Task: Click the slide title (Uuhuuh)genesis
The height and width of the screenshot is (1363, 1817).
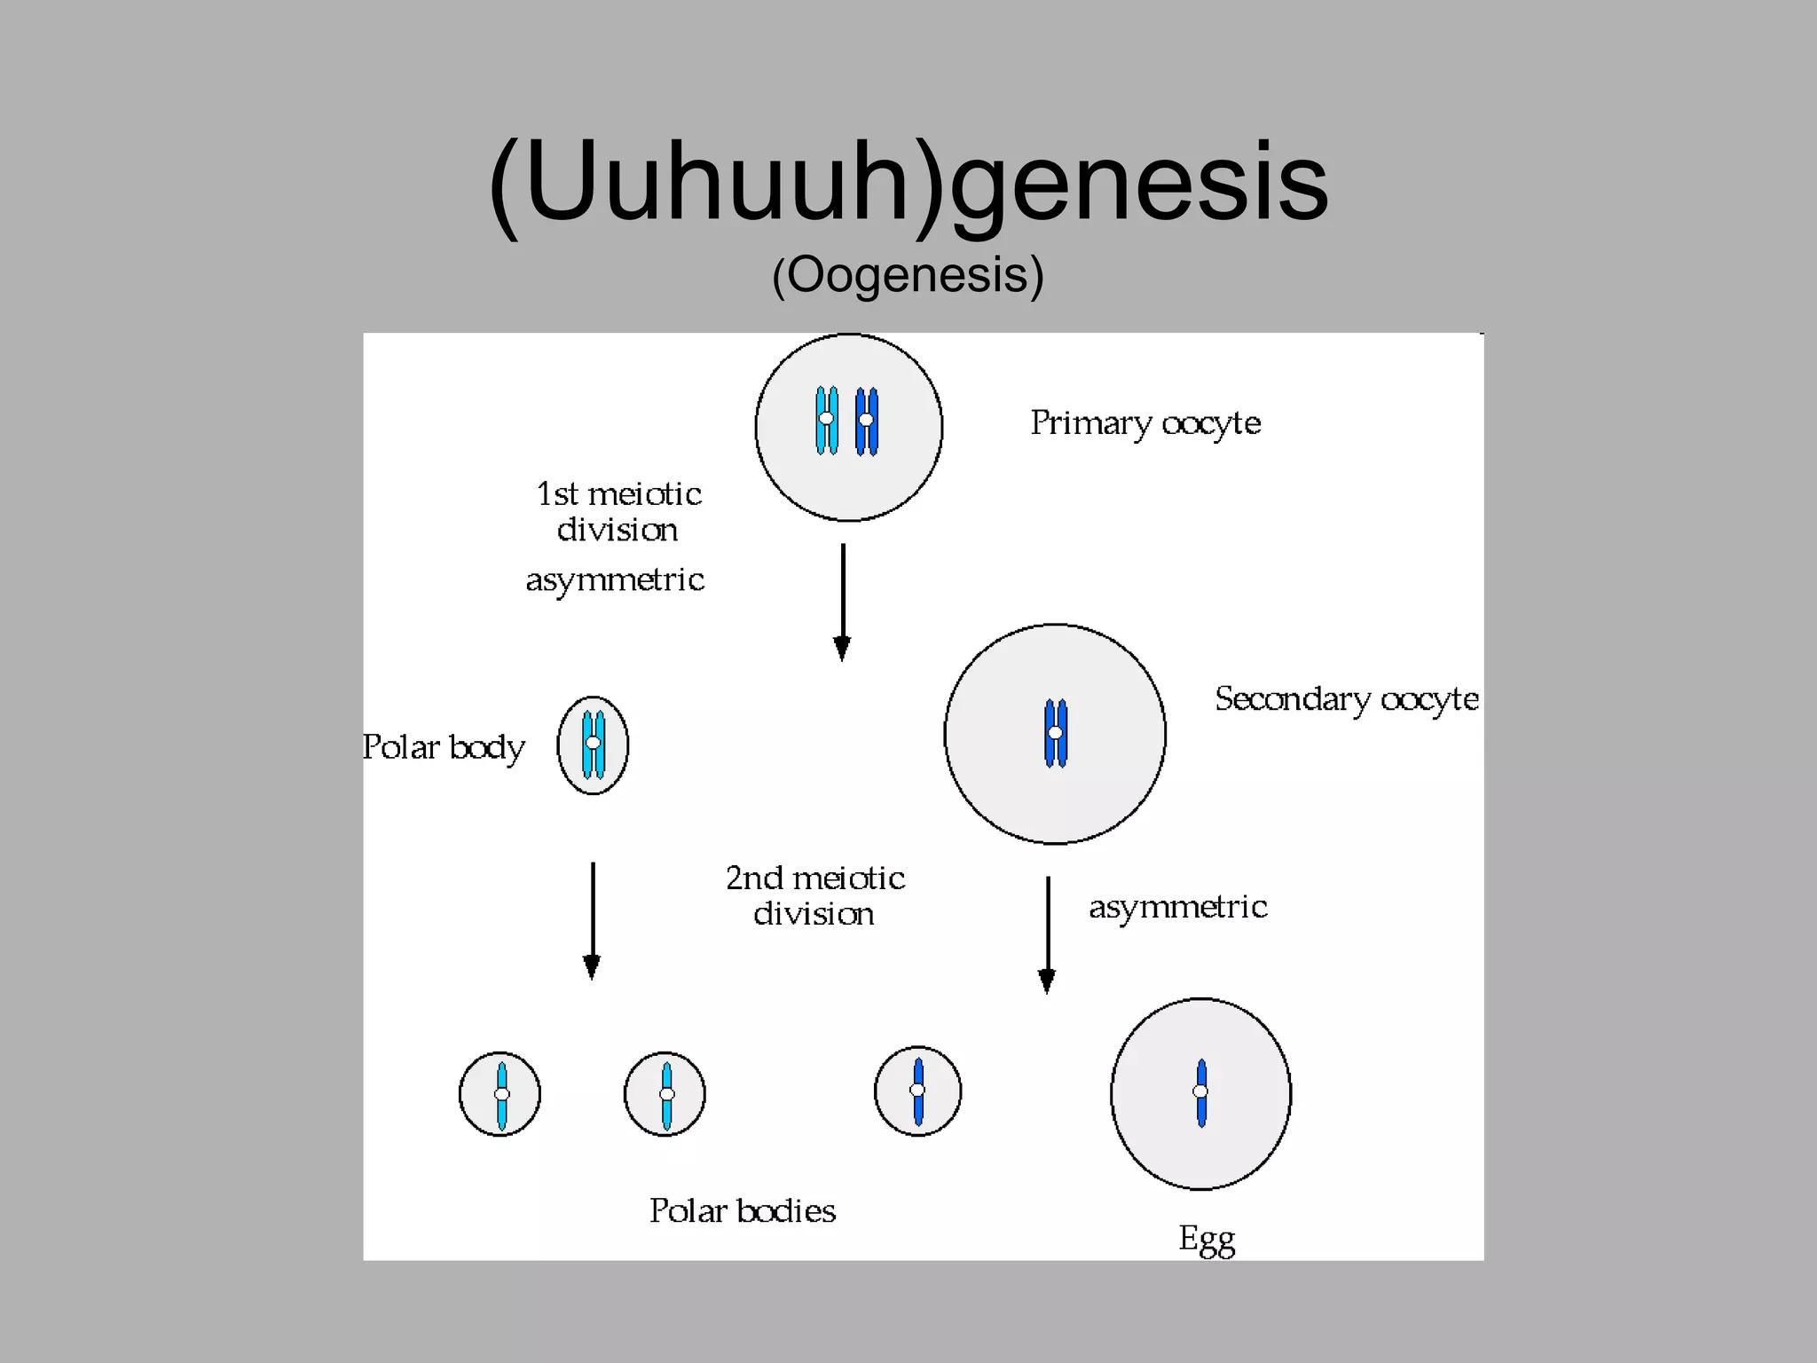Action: tap(908, 182)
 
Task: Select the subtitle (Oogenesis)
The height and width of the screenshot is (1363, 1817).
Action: tap(908, 275)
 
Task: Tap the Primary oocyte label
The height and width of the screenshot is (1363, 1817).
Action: tap(1144, 423)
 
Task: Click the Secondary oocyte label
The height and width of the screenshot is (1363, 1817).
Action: tap(1346, 699)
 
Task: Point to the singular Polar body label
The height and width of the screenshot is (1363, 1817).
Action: tap(443, 747)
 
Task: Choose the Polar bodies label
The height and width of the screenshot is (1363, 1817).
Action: tap(743, 1211)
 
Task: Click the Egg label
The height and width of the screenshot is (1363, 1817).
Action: tap(1206, 1239)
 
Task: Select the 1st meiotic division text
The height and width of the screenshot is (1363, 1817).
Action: tap(618, 512)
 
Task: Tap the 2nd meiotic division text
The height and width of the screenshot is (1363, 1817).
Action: tap(814, 895)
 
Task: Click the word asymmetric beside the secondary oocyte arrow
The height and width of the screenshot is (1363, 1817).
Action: tap(1177, 907)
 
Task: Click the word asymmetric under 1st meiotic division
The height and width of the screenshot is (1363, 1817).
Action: tap(615, 580)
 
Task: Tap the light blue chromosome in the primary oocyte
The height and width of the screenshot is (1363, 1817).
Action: tap(827, 420)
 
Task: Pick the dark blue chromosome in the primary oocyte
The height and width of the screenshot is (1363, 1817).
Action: tap(867, 421)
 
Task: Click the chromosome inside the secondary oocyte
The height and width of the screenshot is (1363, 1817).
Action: tap(1056, 733)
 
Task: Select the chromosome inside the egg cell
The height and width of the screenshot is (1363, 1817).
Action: tap(1201, 1092)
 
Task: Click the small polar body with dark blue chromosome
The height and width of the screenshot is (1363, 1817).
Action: tap(917, 1091)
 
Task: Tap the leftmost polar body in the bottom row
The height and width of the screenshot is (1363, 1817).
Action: tap(499, 1094)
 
